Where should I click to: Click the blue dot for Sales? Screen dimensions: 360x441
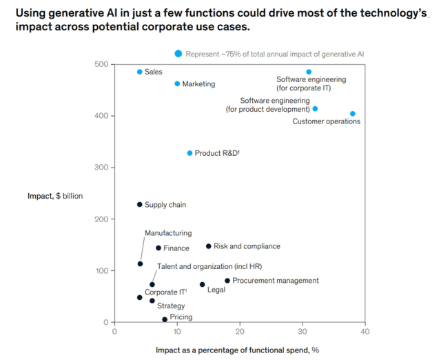pyautogui.click(x=140, y=72)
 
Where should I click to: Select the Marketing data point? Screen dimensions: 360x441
pyautogui.click(x=177, y=83)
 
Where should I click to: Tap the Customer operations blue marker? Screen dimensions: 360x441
pyautogui.click(x=353, y=114)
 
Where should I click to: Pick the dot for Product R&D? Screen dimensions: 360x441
pyautogui.click(x=190, y=153)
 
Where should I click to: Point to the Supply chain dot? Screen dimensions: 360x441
pyautogui.click(x=140, y=204)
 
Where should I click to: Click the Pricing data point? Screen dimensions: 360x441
pyautogui.click(x=165, y=319)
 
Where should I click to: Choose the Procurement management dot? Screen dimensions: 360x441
pyautogui.click(x=227, y=281)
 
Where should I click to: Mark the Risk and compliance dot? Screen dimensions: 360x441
pyautogui.click(x=209, y=246)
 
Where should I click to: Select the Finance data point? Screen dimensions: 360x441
pyautogui.click(x=158, y=248)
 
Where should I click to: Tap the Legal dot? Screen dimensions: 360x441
pyautogui.click(x=203, y=284)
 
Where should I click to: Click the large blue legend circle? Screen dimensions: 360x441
pyautogui.click(x=178, y=53)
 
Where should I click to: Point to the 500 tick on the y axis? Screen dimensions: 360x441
pyautogui.click(x=101, y=64)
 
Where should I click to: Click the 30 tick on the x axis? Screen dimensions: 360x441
pyautogui.click(x=302, y=331)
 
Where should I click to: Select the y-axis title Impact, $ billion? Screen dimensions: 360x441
pyautogui.click(x=55, y=196)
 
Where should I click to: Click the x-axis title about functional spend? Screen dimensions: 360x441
pyautogui.click(x=237, y=350)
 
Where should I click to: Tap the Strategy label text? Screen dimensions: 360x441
pyautogui.click(x=170, y=306)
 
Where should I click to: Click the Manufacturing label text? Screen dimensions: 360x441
pyautogui.click(x=168, y=233)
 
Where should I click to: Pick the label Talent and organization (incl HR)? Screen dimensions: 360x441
pyautogui.click(x=209, y=266)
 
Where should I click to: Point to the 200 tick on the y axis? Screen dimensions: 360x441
pyautogui.click(x=101, y=219)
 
